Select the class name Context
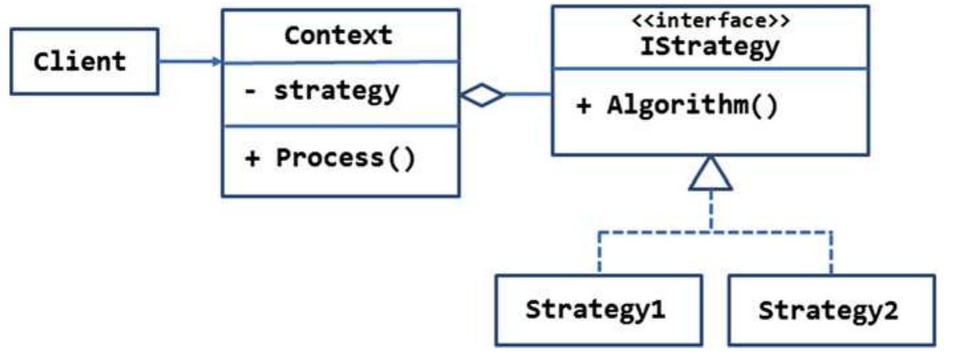[338, 35]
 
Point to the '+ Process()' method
[330, 159]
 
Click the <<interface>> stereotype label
[710, 21]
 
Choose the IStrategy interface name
[710, 46]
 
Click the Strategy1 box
[596, 310]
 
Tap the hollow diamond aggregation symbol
[482, 96]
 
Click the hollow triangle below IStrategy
[710, 174]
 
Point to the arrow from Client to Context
[189, 62]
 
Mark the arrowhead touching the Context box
[216, 62]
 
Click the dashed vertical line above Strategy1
[599, 252]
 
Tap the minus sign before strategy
[249, 91]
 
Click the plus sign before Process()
[252, 160]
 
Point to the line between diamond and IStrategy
[528, 95]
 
